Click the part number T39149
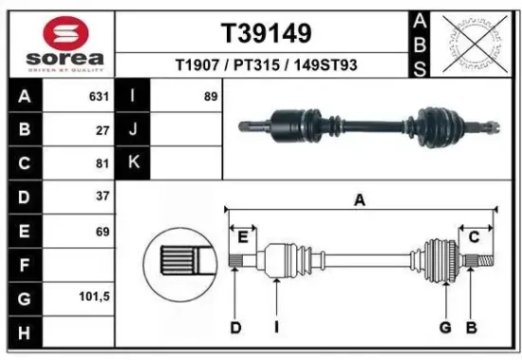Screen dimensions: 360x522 [266, 34]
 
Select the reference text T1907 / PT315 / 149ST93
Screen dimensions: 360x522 [266, 66]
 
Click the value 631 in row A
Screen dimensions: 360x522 [99, 96]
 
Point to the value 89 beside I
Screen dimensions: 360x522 [211, 96]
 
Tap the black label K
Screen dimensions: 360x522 [133, 162]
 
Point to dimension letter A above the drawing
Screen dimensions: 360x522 [360, 199]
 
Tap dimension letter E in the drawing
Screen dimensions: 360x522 [243, 237]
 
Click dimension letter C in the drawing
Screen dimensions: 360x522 [473, 237]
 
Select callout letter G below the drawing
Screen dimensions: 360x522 [443, 329]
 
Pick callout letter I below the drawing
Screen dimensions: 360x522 [275, 329]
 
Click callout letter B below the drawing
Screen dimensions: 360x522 [470, 329]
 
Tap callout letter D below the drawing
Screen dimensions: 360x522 [235, 329]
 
